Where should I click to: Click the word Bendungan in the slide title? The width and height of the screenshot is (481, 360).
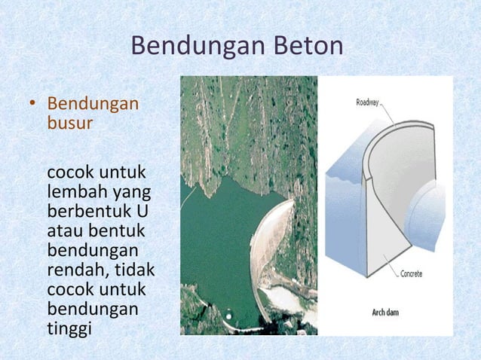[x=196, y=47]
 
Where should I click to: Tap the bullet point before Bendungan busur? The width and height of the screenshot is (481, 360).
[x=32, y=104]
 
